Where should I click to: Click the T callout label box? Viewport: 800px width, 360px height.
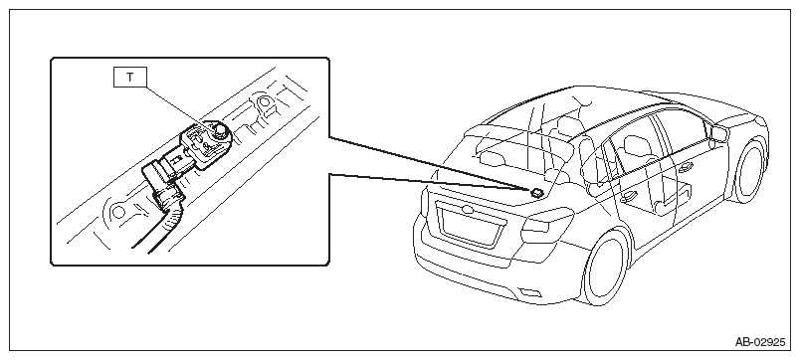129,78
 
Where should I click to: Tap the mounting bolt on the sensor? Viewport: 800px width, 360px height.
221,131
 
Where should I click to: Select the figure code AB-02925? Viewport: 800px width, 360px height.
760,342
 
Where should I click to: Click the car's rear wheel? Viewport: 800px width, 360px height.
607,268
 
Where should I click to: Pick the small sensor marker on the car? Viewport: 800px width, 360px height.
536,192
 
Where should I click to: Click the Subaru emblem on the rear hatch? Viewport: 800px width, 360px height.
467,210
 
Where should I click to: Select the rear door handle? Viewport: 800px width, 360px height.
629,196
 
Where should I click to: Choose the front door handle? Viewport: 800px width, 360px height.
686,167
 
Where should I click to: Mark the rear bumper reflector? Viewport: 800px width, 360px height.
529,292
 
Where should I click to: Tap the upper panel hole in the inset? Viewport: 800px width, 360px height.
264,101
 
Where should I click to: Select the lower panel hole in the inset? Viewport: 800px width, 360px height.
117,211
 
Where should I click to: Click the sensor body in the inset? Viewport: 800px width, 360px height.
206,145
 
